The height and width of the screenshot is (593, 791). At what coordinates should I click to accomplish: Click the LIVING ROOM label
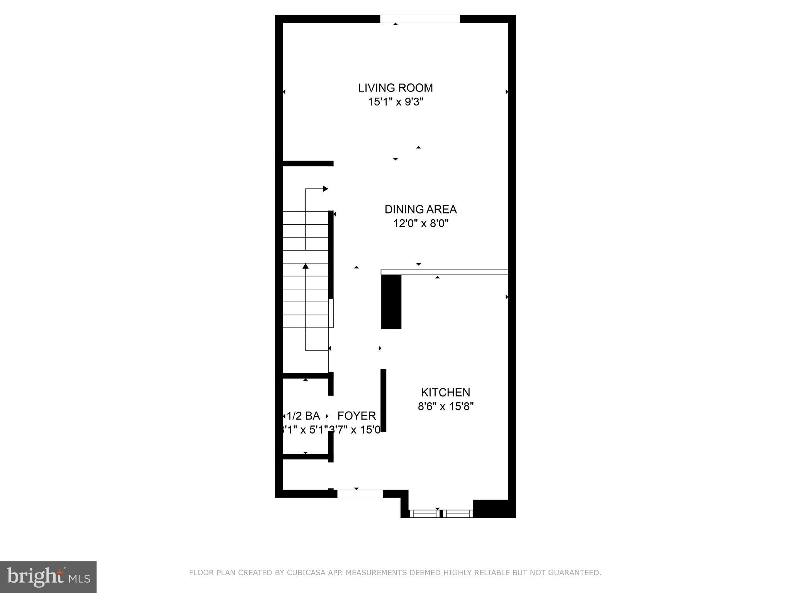click(x=395, y=88)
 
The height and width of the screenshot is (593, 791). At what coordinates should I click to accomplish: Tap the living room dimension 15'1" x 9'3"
click(x=395, y=102)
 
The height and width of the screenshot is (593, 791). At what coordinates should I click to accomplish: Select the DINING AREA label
click(x=420, y=210)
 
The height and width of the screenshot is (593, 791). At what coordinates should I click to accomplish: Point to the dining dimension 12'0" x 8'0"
click(x=420, y=224)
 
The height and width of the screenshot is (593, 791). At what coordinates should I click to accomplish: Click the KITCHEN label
click(x=445, y=393)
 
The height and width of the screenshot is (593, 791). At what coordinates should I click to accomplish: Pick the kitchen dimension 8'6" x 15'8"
click(x=445, y=407)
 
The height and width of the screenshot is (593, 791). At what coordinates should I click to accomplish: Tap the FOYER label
click(x=356, y=416)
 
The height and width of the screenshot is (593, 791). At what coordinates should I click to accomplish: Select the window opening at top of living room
click(x=420, y=19)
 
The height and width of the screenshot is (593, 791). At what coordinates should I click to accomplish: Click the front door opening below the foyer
click(x=360, y=493)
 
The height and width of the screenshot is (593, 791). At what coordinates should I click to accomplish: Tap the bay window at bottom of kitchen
click(x=440, y=513)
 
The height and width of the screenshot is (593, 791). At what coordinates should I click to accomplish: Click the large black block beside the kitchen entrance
click(x=391, y=302)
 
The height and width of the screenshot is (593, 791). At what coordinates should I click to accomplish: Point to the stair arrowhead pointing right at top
click(x=325, y=189)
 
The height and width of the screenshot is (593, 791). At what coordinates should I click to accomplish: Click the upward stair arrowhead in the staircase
click(x=306, y=266)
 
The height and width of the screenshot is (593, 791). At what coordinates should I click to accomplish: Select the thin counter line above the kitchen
click(x=444, y=272)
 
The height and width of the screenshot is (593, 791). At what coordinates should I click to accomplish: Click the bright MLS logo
click(x=48, y=577)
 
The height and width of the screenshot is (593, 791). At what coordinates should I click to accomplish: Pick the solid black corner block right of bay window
click(x=494, y=508)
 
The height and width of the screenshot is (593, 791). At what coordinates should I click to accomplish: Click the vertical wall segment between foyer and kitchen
click(x=384, y=400)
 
